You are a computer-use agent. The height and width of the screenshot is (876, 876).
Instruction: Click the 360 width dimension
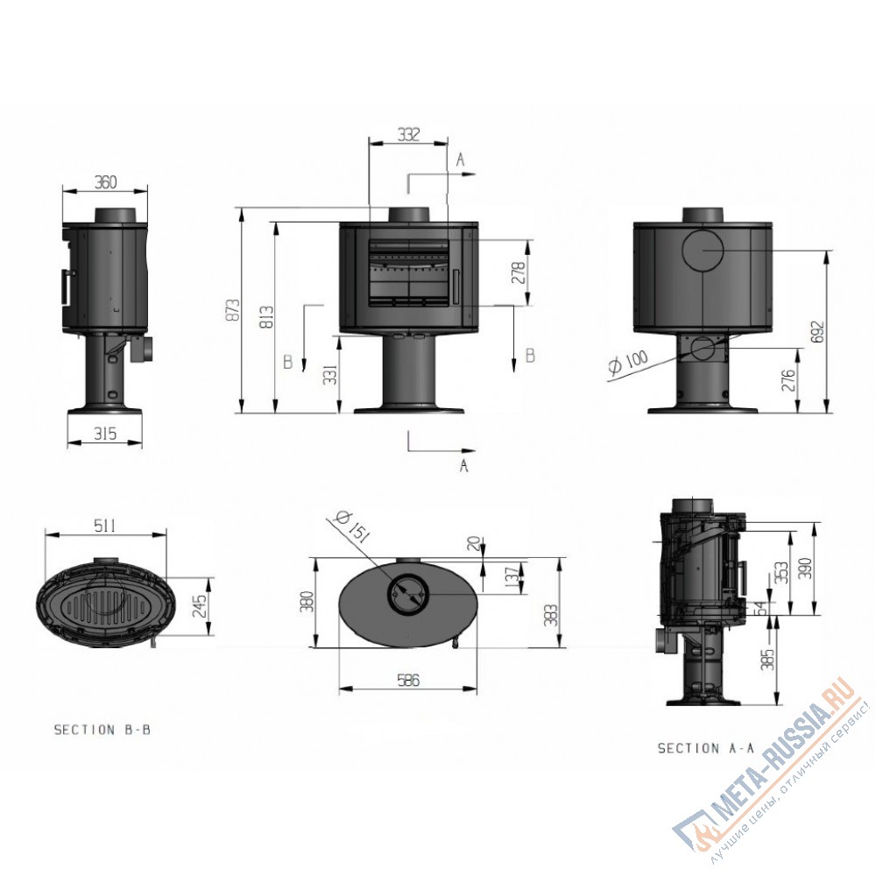pyautogui.click(x=106, y=182)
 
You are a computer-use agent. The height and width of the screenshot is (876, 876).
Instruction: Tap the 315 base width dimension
pyautogui.click(x=104, y=433)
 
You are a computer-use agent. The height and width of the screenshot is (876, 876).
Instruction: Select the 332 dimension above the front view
pyautogui.click(x=408, y=135)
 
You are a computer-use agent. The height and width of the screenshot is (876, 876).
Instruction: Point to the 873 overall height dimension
pyautogui.click(x=234, y=310)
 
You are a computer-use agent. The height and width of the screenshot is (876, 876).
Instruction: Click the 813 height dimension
pyautogui.click(x=267, y=316)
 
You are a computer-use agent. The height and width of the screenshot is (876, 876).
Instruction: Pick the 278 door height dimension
pyautogui.click(x=519, y=272)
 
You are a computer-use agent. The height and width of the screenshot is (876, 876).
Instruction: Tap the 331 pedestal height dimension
pyautogui.click(x=331, y=375)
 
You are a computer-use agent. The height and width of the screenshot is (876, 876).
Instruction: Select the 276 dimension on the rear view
pyautogui.click(x=789, y=380)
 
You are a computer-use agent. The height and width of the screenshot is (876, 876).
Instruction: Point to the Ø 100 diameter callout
pyautogui.click(x=628, y=363)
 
